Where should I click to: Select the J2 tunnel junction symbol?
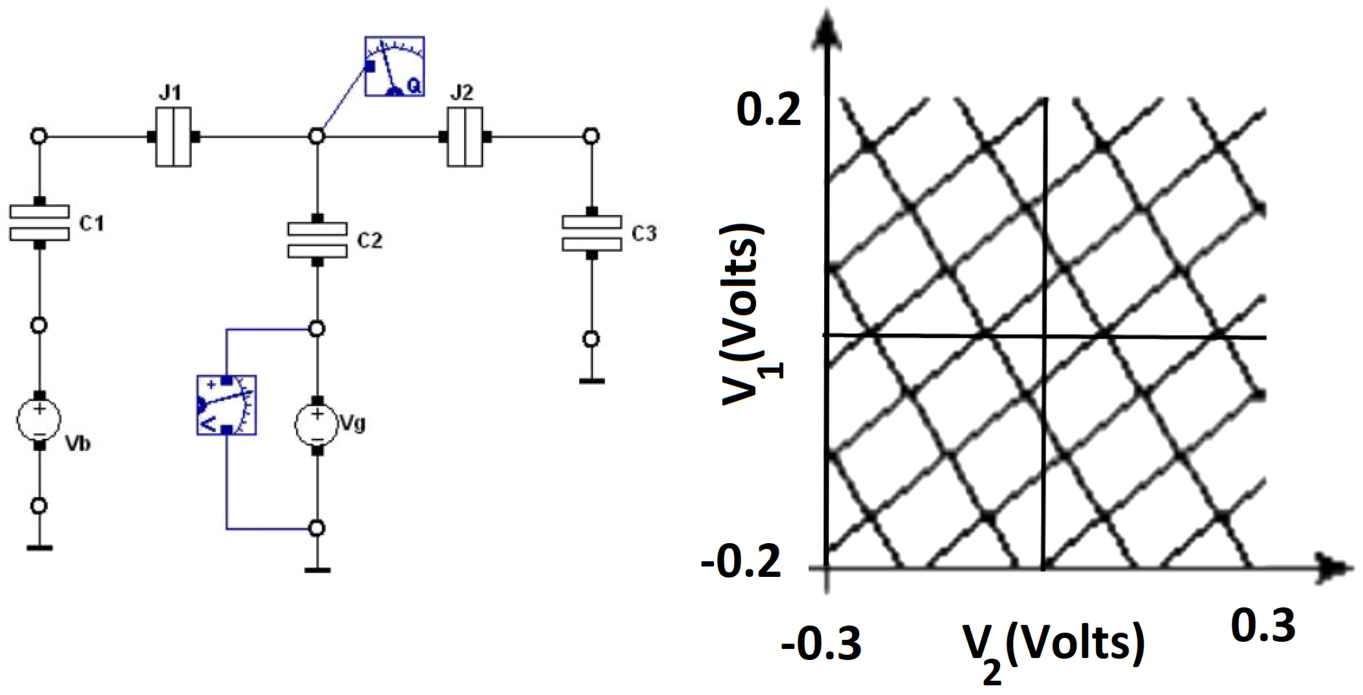point(465,137)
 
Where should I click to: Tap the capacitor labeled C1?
point(39,223)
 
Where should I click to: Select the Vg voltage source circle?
point(316,424)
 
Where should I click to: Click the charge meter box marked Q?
point(394,66)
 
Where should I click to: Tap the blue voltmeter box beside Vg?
point(227,405)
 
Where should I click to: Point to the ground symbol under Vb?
point(39,547)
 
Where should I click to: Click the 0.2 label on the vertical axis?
point(768,110)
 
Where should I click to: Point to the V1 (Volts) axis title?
point(746,315)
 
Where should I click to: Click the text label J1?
point(170,93)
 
